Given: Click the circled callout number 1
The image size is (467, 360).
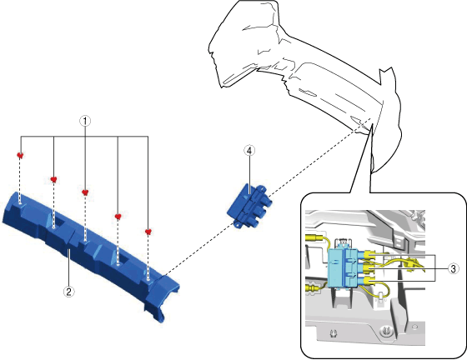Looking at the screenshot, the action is click(x=85, y=121).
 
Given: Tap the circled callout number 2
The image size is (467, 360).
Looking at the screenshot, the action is click(x=68, y=292).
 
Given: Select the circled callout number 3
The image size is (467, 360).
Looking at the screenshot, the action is click(x=454, y=269).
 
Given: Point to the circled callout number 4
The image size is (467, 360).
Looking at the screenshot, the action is click(x=249, y=151).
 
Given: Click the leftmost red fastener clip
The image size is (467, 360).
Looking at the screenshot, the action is click(x=20, y=155).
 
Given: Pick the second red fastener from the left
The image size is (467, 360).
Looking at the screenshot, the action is click(x=53, y=179).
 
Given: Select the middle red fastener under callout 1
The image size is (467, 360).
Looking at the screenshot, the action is click(x=85, y=192).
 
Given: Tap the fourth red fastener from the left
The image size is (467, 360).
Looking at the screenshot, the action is click(x=118, y=217).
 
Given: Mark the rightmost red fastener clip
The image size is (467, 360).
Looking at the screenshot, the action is click(x=148, y=232).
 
